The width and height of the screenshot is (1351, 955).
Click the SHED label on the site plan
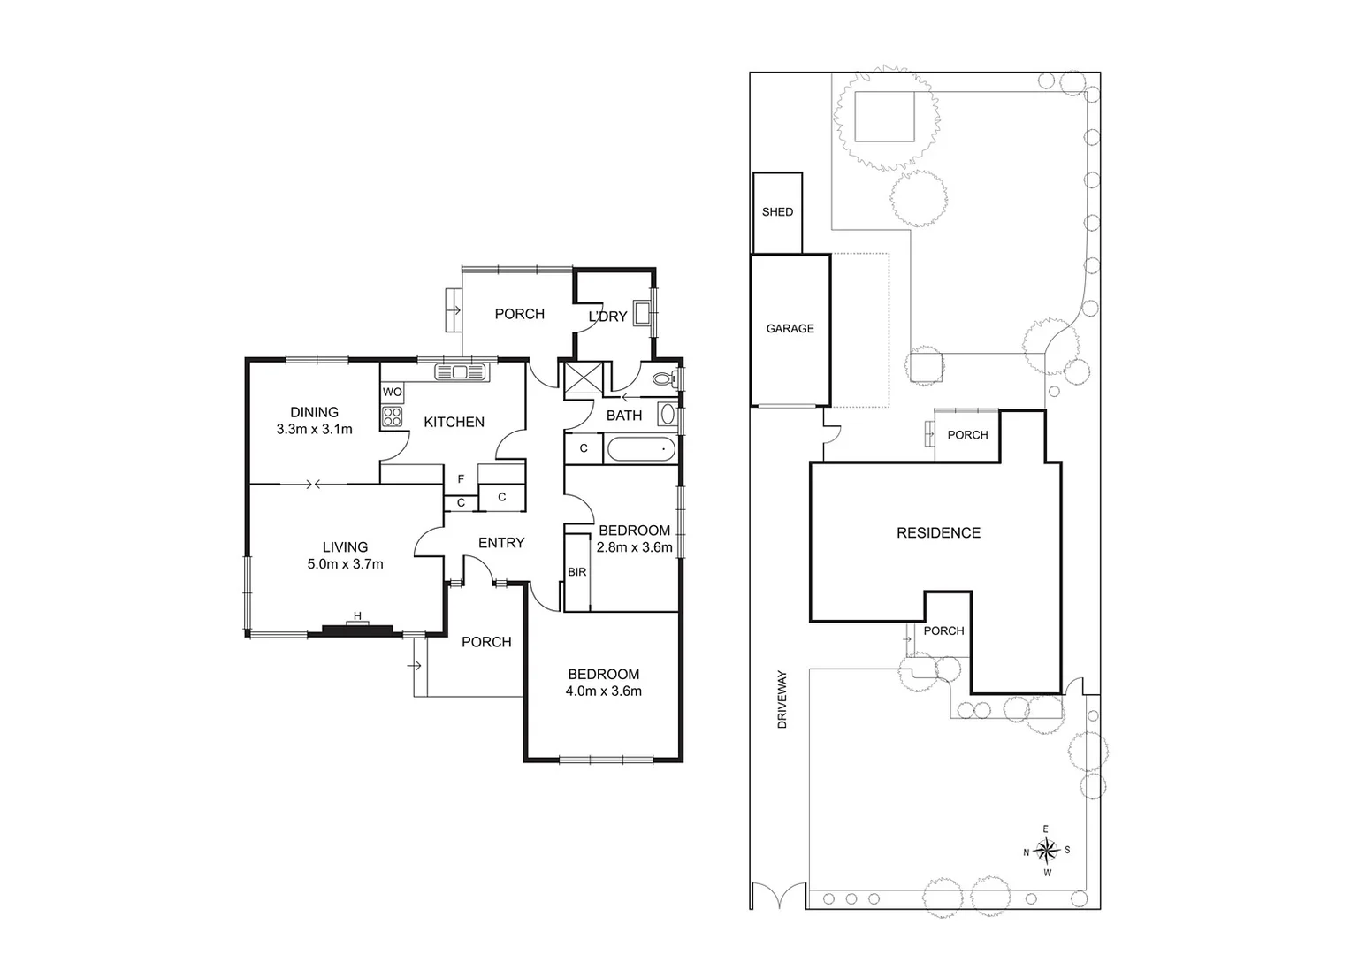pyautogui.click(x=777, y=212)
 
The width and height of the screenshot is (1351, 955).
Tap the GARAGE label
pyautogui.click(x=790, y=329)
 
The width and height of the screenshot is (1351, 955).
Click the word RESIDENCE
pyautogui.click(x=938, y=533)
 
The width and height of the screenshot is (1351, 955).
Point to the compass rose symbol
pyautogui.click(x=1046, y=851)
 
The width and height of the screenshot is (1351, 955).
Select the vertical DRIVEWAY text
pyautogui.click(x=782, y=699)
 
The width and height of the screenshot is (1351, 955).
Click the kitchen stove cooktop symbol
pyautogui.click(x=392, y=416)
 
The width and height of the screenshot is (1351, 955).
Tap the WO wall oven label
pyautogui.click(x=392, y=392)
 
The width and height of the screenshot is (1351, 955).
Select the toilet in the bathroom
pyautogui.click(x=663, y=379)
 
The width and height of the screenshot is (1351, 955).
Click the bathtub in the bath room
pyautogui.click(x=641, y=449)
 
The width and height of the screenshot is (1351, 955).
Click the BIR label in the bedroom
pyautogui.click(x=576, y=573)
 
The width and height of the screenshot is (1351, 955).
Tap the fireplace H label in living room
pyautogui.click(x=357, y=616)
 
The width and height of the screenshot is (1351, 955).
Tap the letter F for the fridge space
pyautogui.click(x=461, y=480)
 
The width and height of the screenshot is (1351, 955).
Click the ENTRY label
pyautogui.click(x=501, y=543)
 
